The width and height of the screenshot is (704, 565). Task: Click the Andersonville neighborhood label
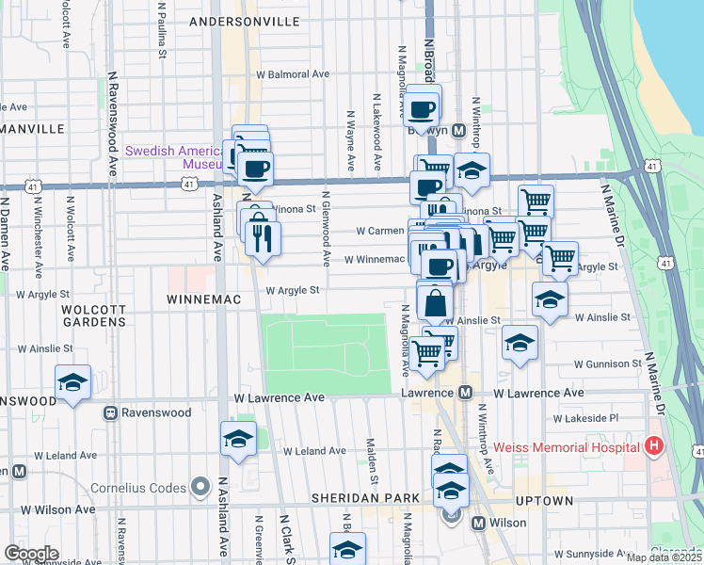[x=244, y=21]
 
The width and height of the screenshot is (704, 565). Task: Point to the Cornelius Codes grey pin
[x=199, y=487]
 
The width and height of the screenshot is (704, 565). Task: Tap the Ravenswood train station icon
[x=110, y=412]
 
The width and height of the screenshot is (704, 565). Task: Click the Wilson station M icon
[x=478, y=523]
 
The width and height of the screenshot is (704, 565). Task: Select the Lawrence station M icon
[x=464, y=393]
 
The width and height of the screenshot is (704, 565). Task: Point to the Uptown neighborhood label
[x=545, y=501]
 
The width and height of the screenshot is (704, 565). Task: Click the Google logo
[x=31, y=553]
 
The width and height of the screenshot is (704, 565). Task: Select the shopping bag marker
[x=435, y=303]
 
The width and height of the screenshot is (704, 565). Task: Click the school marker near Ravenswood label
[x=72, y=382]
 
